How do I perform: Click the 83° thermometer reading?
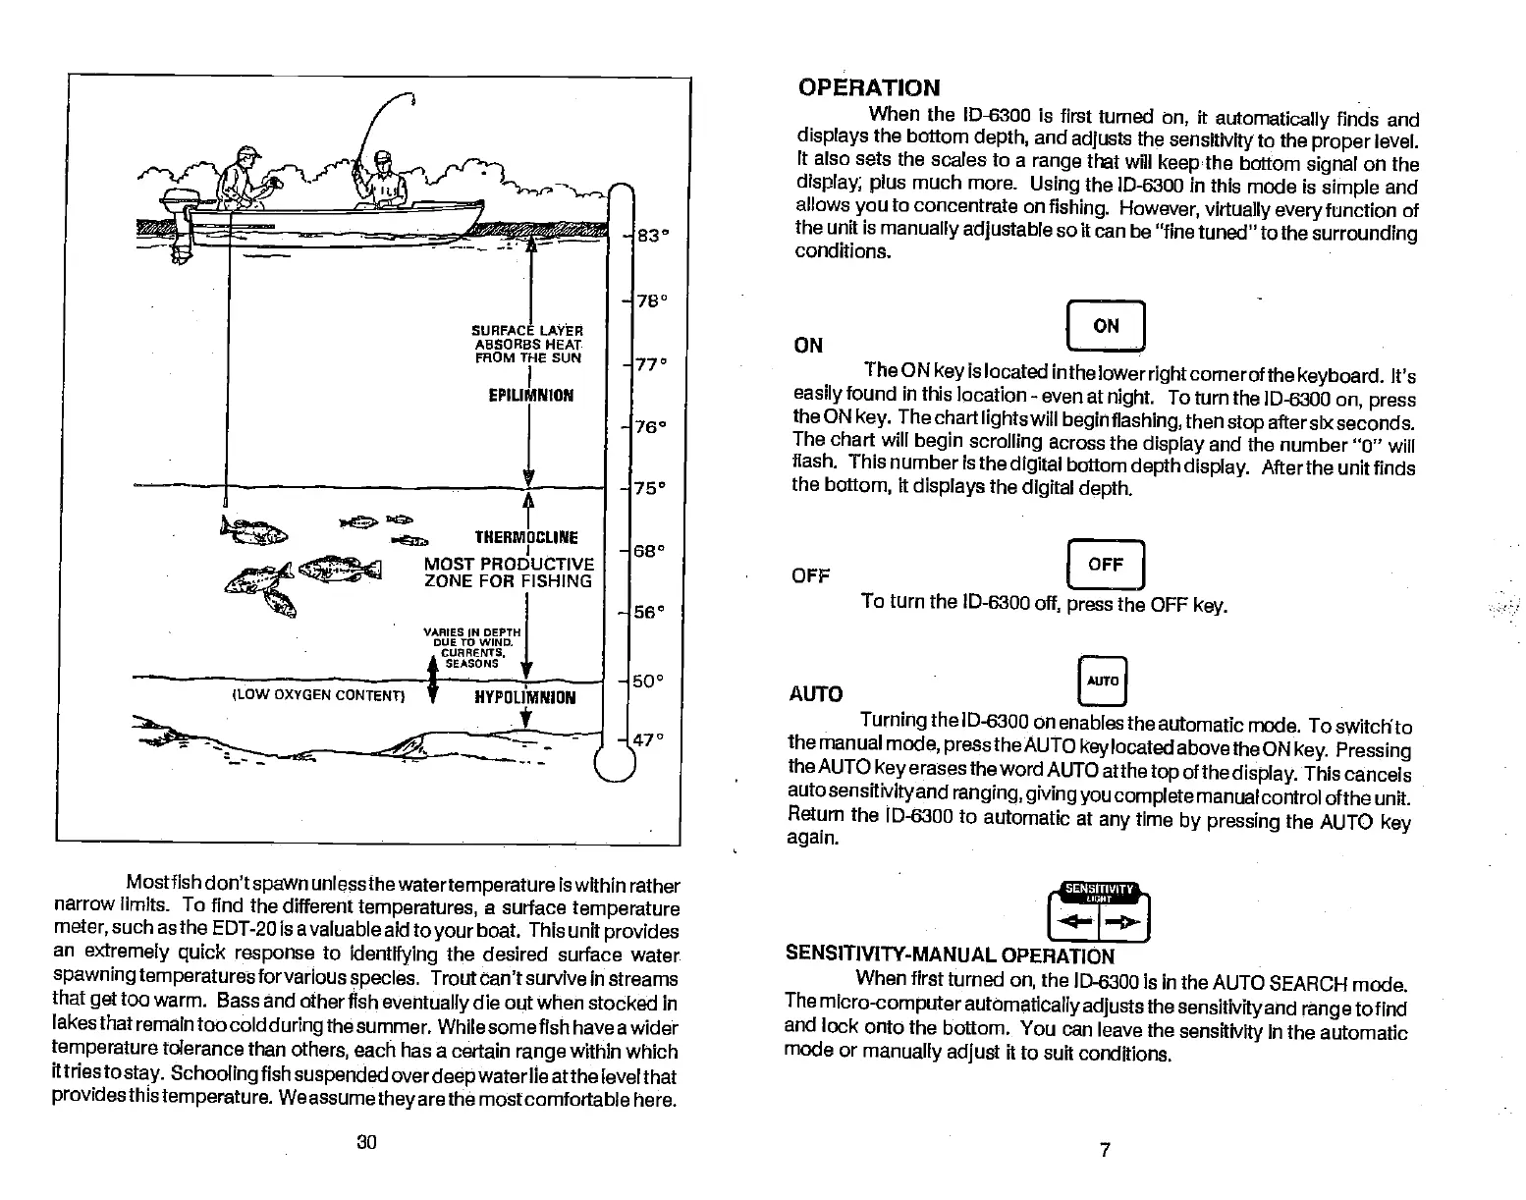pos(648,236)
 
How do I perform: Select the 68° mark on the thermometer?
pos(649,552)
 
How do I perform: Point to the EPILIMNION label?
pos(530,396)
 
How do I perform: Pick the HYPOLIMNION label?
pos(525,698)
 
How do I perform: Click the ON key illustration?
pos(1105,326)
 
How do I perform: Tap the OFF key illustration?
pos(1105,565)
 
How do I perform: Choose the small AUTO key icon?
pos(1104,681)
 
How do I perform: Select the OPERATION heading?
pos(868,87)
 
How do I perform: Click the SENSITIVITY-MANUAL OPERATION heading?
pos(950,955)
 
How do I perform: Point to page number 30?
pos(367,1142)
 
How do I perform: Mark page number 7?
pos(1105,1150)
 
